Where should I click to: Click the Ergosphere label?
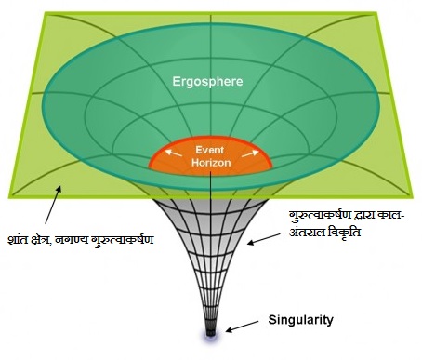tap(206, 82)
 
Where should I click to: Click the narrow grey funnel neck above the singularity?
tap(211, 298)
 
